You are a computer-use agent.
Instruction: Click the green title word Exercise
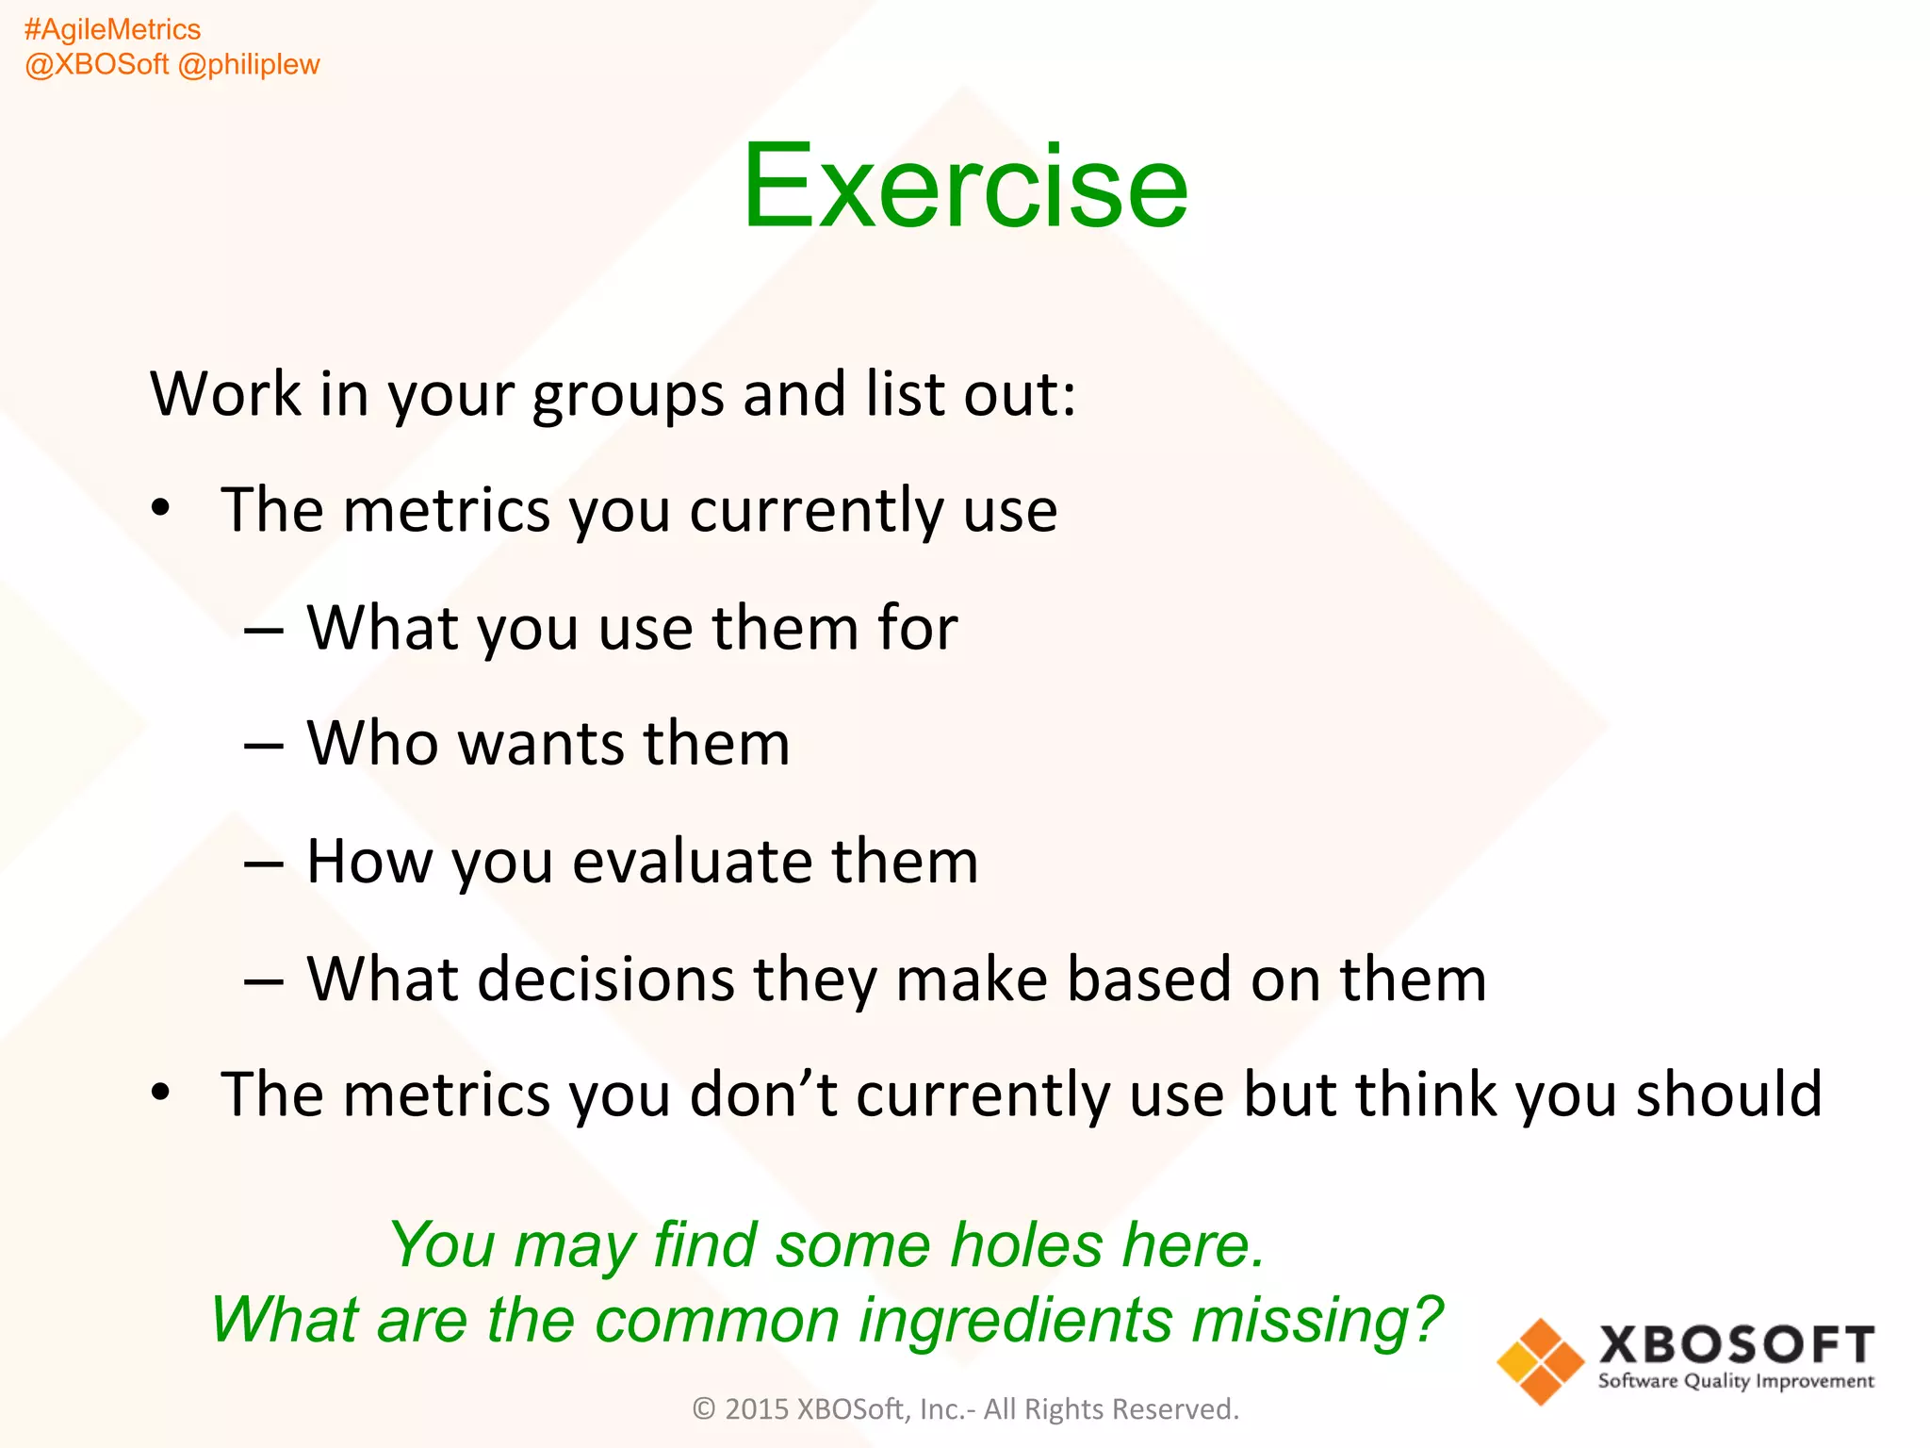[x=965, y=186]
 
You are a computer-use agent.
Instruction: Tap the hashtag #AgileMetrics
[x=112, y=30]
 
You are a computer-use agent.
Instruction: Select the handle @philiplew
[x=249, y=65]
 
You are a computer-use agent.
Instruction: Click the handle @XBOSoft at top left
[x=96, y=65]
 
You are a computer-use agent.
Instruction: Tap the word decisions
[x=605, y=979]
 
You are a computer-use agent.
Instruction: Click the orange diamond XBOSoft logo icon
[x=1540, y=1361]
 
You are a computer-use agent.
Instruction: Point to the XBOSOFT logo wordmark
[x=1736, y=1344]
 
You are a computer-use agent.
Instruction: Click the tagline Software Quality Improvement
[x=1736, y=1382]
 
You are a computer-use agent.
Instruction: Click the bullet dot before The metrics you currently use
[x=161, y=508]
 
